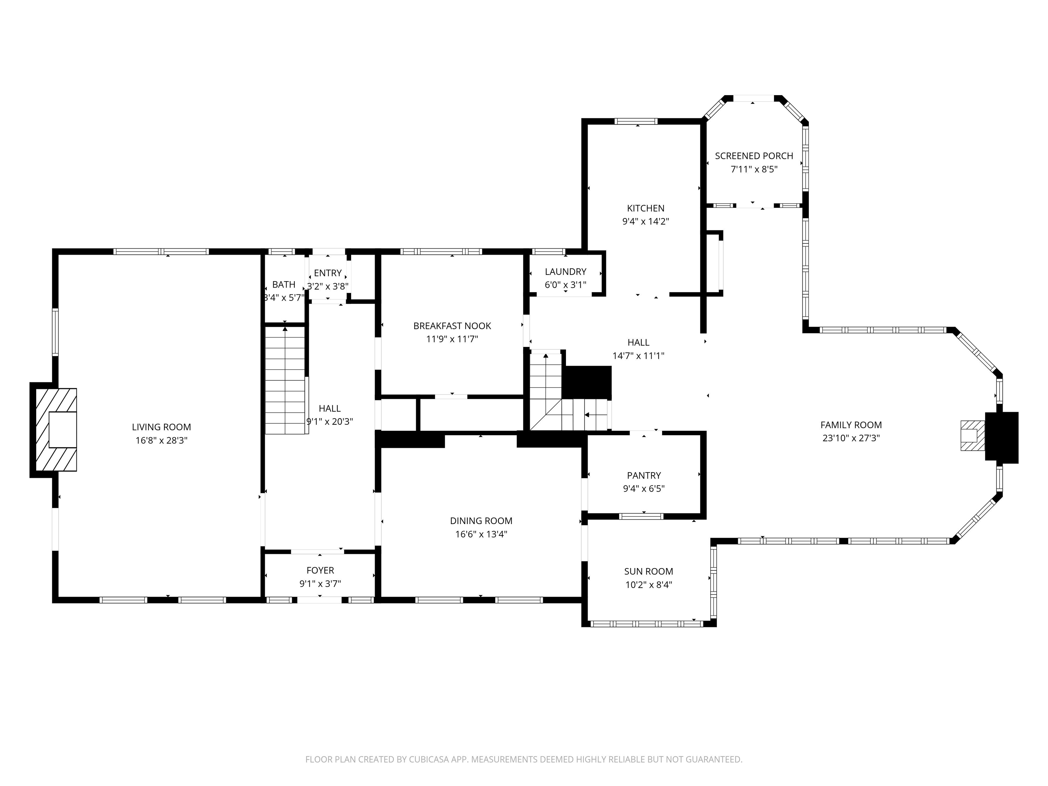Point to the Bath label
[284, 284]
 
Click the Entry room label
[328, 273]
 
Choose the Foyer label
[320, 570]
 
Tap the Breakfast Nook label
[452, 325]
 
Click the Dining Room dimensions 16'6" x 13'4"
[481, 534]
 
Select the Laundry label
[565, 272]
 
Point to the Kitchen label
[645, 208]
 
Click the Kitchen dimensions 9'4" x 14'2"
[645, 221]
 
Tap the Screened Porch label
[754, 156]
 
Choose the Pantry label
[643, 475]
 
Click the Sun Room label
[649, 571]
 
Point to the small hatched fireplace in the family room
[972, 435]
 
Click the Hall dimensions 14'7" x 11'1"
[638, 355]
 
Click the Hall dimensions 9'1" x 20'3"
[330, 422]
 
